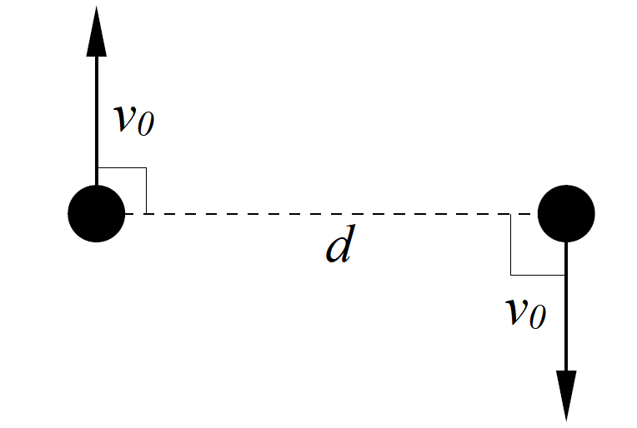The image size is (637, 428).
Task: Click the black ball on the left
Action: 97,213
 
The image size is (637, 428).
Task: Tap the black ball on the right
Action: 566,213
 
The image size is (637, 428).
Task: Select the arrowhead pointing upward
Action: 97,33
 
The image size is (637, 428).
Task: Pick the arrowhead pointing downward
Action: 566,395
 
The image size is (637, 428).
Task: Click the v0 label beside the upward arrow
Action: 133,120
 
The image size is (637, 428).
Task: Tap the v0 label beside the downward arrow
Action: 526,313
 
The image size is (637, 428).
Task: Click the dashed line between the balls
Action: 334,214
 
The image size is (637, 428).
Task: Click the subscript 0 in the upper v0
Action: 145,125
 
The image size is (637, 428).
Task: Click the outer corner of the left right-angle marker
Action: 147,168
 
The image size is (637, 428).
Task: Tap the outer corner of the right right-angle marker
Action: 511,274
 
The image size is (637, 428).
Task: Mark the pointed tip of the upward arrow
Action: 97,7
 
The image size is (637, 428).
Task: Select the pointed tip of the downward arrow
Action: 566,420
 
